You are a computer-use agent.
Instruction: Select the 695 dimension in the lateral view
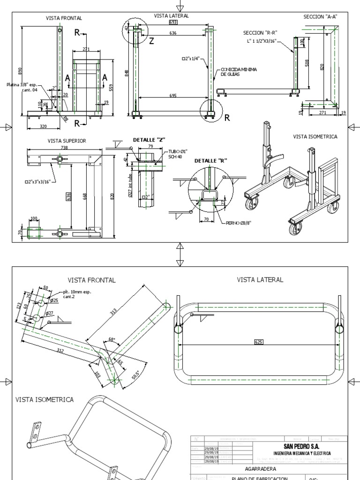[x=173, y=96]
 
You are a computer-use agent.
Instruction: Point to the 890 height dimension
[x=20, y=71]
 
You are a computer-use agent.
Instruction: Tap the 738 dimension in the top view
[x=64, y=148]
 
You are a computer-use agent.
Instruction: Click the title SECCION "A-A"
[x=320, y=16]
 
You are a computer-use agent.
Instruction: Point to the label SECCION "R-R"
[x=260, y=33]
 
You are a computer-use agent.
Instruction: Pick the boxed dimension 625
[x=259, y=342]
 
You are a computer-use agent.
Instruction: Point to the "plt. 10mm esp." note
[x=77, y=292]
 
